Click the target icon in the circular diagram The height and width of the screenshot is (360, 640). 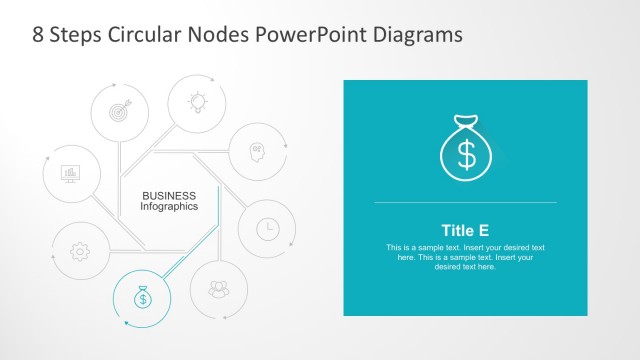tap(120, 111)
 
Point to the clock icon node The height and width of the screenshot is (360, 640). tap(267, 228)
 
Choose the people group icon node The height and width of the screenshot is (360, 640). tap(218, 290)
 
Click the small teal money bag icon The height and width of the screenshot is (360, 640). tap(142, 297)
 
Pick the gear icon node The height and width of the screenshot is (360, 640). tap(79, 251)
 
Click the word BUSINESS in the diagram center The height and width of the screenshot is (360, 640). tap(169, 195)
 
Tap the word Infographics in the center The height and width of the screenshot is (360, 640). tap(169, 206)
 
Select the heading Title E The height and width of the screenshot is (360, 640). tap(465, 230)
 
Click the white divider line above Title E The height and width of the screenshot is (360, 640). tap(465, 203)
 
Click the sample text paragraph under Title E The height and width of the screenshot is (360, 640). tap(465, 257)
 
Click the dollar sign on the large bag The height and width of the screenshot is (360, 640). tap(466, 154)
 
